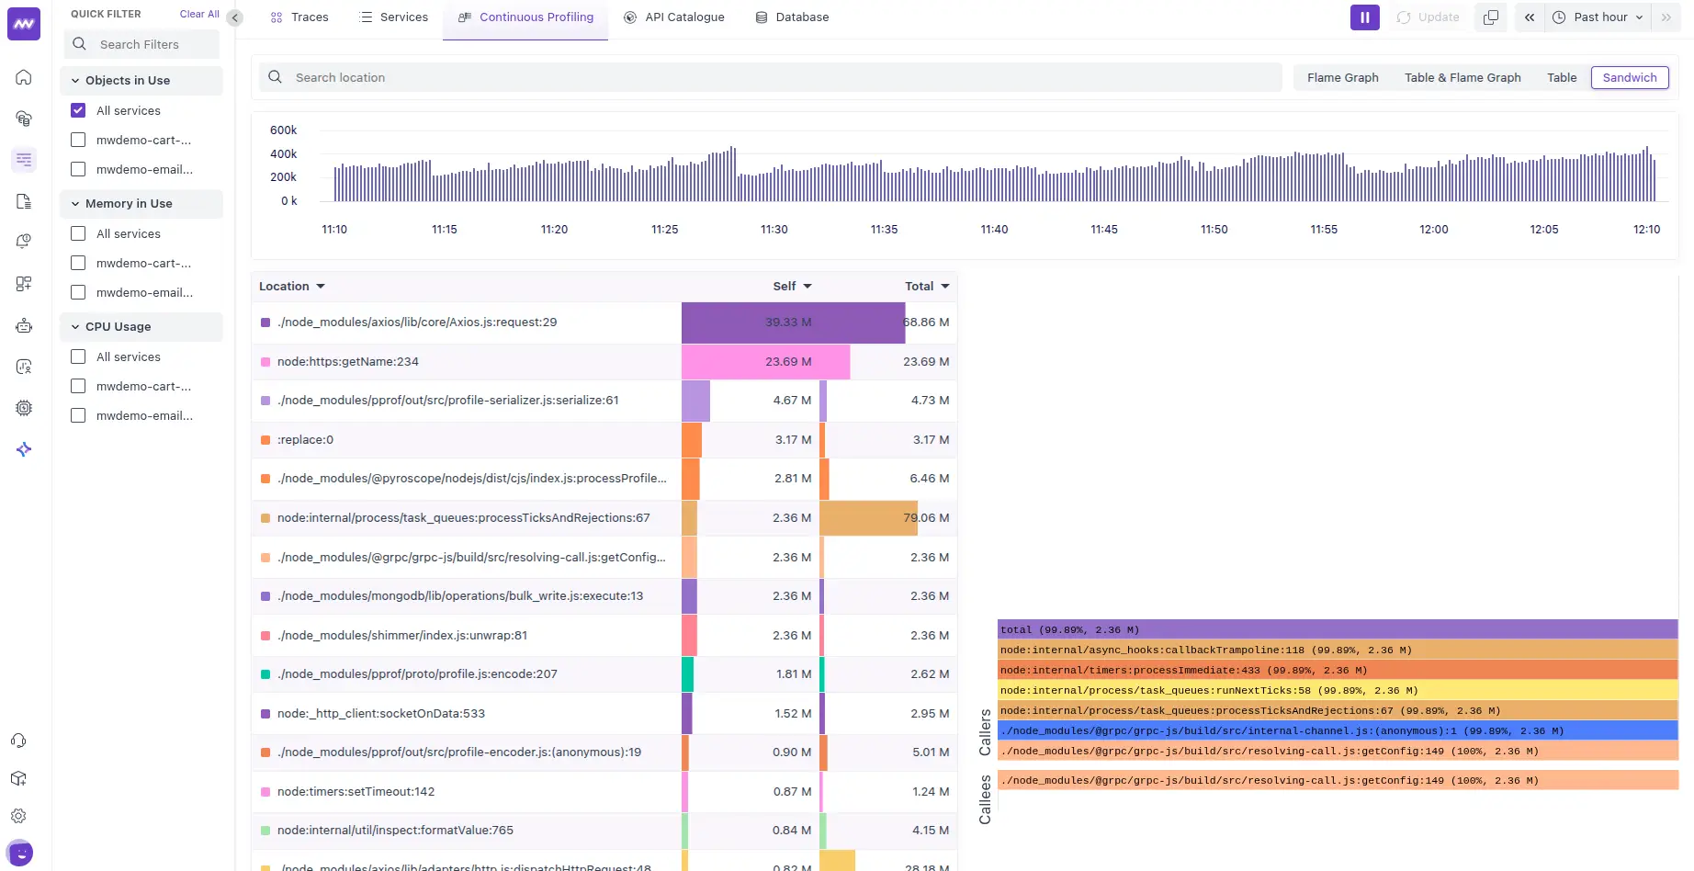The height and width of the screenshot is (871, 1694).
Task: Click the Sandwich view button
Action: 1630,78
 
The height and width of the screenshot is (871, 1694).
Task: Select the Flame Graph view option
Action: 1342,78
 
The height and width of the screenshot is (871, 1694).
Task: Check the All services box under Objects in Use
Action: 78,110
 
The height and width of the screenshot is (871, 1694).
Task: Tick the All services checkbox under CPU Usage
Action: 78,356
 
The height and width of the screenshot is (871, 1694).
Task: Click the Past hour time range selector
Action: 1598,17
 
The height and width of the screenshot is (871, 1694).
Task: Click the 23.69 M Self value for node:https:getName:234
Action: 788,362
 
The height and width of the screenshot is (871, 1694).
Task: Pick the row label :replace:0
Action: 305,440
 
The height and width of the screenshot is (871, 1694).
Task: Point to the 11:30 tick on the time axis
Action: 774,230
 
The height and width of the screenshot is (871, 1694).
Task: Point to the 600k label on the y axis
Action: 283,130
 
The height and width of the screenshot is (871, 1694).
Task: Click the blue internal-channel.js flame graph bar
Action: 1337,731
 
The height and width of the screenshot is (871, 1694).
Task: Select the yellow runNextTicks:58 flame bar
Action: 1337,691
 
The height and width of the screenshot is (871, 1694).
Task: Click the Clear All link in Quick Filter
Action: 199,15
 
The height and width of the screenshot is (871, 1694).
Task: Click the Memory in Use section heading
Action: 129,204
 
